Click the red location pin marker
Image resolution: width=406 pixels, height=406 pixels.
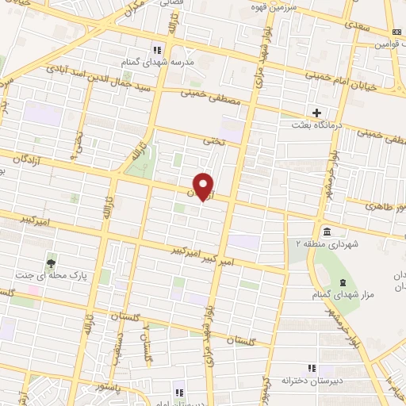click(x=204, y=186)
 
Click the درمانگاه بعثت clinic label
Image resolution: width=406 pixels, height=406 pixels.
click(x=319, y=125)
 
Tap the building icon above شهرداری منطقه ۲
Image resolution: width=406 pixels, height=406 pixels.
click(x=324, y=230)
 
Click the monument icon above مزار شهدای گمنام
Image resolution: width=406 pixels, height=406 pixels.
click(x=342, y=284)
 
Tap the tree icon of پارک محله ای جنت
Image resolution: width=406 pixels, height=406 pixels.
click(x=52, y=261)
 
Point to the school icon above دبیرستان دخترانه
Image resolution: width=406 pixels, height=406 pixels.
click(x=312, y=368)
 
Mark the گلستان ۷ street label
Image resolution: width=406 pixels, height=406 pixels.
click(x=145, y=341)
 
